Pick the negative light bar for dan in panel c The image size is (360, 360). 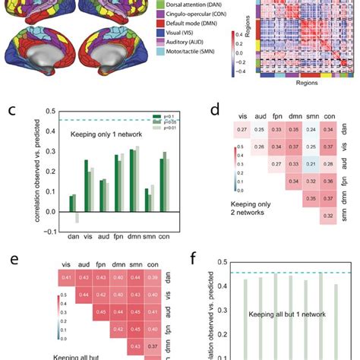pos(77,215)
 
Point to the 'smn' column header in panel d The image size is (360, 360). pos(290,117)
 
